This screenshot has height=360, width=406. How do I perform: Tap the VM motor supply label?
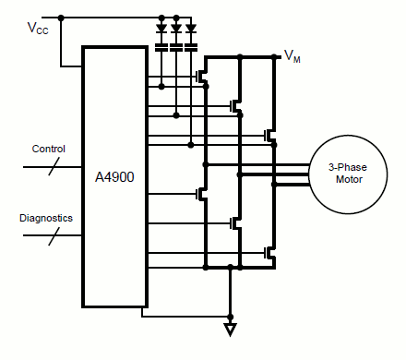tap(292, 57)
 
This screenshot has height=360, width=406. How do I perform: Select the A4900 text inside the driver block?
tap(115, 175)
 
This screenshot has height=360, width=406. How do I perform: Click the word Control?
tap(48, 149)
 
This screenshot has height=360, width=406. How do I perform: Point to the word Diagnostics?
tap(46, 219)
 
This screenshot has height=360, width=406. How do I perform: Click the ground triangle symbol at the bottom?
tap(231, 328)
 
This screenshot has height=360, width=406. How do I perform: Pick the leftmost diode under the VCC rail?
tap(162, 29)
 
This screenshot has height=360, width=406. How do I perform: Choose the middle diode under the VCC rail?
tap(176, 29)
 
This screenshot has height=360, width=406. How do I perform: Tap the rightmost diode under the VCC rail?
tap(190, 29)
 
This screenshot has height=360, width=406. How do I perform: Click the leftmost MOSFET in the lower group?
tap(201, 194)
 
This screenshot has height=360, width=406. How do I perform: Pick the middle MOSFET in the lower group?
tap(234, 222)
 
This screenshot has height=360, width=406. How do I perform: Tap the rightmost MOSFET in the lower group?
tap(269, 251)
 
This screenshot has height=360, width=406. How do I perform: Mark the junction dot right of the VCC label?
tap(61, 18)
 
